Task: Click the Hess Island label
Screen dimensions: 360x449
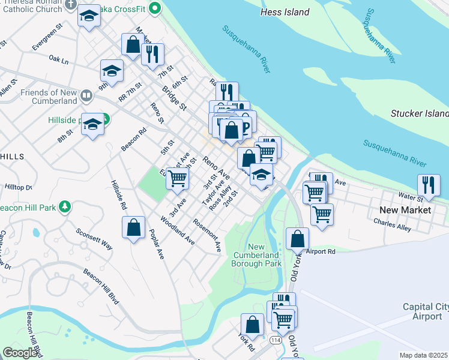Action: click(x=285, y=12)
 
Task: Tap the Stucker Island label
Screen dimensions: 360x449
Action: click(x=420, y=113)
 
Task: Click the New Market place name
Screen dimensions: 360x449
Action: click(x=405, y=210)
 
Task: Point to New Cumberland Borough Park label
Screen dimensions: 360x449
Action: click(x=265, y=255)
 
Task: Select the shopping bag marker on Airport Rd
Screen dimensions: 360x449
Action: click(x=298, y=238)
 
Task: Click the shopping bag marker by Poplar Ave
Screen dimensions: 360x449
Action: click(x=133, y=228)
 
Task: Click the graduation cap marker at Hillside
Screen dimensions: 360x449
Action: click(x=92, y=124)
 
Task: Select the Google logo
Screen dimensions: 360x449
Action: click(x=20, y=353)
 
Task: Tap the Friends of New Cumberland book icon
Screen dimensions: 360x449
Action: click(x=87, y=95)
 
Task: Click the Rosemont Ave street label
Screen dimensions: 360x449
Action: click(x=207, y=235)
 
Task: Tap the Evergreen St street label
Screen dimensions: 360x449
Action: click(x=48, y=36)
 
